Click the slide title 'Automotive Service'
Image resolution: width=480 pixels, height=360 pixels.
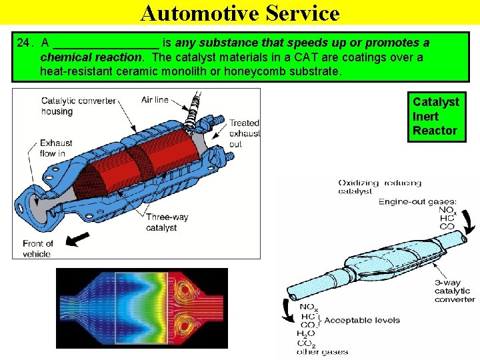(240, 13)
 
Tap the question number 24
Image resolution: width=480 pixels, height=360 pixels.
(24, 43)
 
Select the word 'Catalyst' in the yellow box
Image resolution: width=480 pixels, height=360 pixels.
(435, 102)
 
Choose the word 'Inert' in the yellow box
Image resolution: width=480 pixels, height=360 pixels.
(425, 116)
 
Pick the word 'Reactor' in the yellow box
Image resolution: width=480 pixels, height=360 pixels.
(435, 131)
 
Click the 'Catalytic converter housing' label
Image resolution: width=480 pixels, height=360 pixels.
(78, 106)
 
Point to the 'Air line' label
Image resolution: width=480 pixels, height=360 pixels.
(155, 100)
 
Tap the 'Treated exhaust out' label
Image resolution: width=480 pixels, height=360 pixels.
(244, 133)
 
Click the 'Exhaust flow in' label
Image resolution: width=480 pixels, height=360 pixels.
(56, 148)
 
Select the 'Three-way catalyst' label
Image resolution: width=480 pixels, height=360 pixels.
(167, 222)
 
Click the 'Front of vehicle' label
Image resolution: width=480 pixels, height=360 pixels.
(37, 248)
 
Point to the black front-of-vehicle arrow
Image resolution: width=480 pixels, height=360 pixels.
(79, 238)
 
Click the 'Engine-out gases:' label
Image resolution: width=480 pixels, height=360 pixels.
(417, 201)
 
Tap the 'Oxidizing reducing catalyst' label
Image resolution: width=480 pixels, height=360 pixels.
(379, 187)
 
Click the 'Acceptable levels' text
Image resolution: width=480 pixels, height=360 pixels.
(362, 321)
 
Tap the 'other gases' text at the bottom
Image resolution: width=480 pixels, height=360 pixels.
(322, 352)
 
